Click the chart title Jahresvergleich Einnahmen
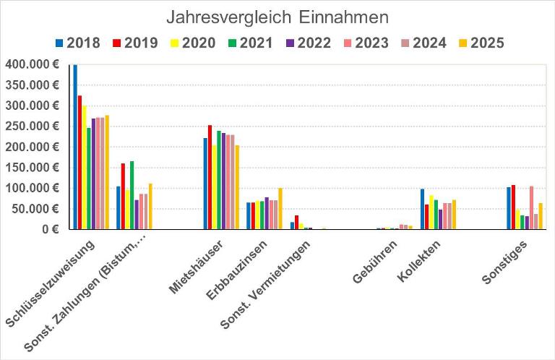tap(277, 17)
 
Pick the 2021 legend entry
tap(249, 43)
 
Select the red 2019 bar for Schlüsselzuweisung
tap(79, 163)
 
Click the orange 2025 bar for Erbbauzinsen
tap(280, 209)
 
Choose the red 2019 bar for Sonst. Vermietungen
tap(296, 222)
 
